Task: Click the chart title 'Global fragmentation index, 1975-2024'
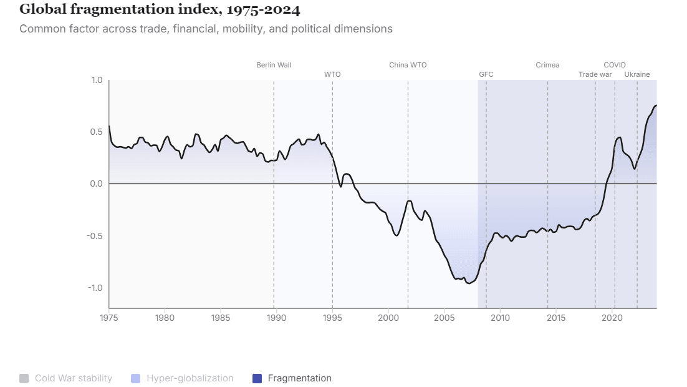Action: click(x=160, y=9)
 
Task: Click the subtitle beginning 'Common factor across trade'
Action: click(x=206, y=29)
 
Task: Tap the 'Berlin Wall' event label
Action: click(x=274, y=65)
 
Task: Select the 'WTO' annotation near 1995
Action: click(x=332, y=74)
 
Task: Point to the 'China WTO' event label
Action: click(x=408, y=65)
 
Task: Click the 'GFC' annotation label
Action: click(x=486, y=74)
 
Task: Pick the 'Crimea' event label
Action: click(x=547, y=65)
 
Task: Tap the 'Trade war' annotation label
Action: click(x=595, y=74)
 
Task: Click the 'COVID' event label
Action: click(x=614, y=65)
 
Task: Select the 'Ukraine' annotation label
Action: click(x=637, y=74)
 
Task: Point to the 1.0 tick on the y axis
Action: click(x=97, y=80)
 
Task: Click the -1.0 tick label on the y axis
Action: click(x=95, y=288)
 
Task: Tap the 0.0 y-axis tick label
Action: click(x=97, y=184)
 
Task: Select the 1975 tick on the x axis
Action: click(x=109, y=318)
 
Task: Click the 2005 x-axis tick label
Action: click(x=444, y=318)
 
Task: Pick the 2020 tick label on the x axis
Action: click(x=612, y=318)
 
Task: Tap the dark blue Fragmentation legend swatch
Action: click(x=257, y=378)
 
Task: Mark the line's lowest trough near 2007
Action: click(x=468, y=283)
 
